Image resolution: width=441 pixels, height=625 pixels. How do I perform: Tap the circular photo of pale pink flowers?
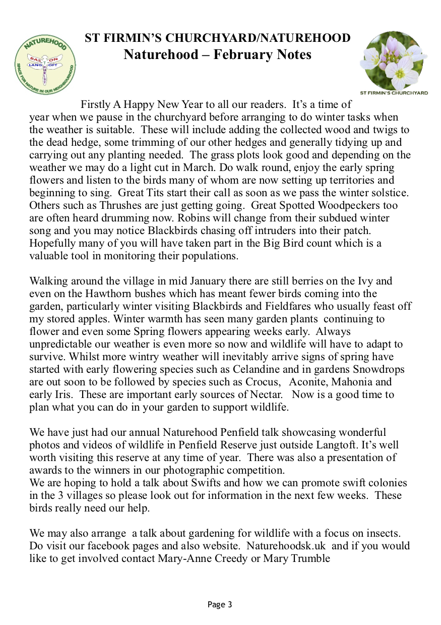coord(393,61)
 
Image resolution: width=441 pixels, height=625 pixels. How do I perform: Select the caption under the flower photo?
coord(394,93)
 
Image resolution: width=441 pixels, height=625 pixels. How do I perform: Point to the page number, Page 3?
coord(220,604)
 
